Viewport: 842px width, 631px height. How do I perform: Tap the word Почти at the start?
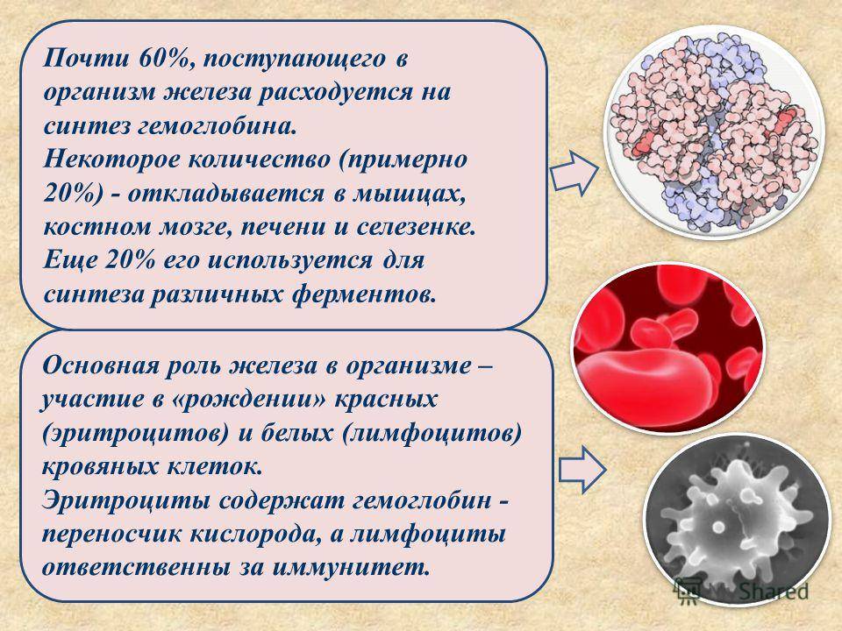pos(86,58)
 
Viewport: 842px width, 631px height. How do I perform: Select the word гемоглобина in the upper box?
pos(218,127)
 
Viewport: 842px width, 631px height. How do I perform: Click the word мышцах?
pos(410,195)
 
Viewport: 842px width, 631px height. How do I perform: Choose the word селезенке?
pos(416,228)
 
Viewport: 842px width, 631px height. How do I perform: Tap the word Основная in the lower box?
pos(101,366)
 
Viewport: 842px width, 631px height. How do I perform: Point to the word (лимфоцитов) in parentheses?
pos(432,434)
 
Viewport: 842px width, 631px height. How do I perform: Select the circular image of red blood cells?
pos(668,348)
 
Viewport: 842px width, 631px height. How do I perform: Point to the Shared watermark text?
pos(774,591)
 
